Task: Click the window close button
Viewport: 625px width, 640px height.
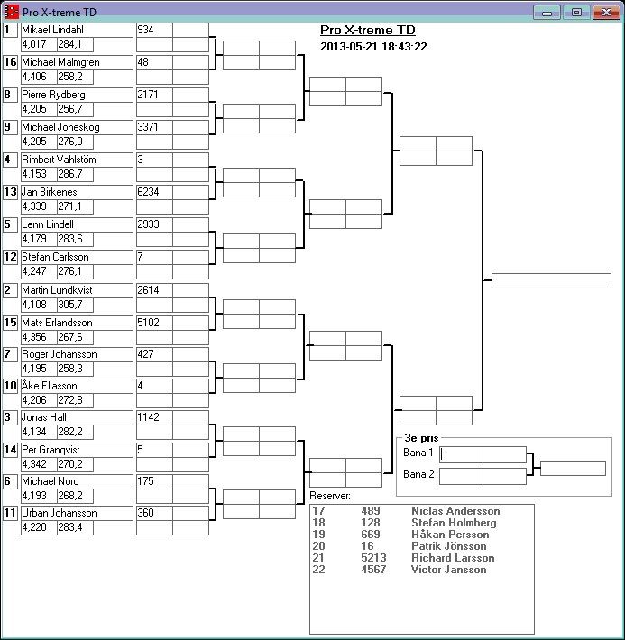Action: click(602, 12)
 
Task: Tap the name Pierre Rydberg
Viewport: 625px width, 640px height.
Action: click(53, 95)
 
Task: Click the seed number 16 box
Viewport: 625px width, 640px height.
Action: click(11, 62)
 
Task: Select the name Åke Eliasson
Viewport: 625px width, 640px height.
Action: click(51, 386)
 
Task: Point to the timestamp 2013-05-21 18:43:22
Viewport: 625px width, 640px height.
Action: click(373, 47)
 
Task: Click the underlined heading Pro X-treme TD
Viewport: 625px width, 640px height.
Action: click(368, 30)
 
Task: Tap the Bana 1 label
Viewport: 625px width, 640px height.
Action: click(418, 453)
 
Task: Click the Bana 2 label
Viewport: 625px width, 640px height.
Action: click(418, 474)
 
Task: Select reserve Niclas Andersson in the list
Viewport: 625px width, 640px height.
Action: click(455, 511)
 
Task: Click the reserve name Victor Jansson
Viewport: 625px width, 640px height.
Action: click(449, 570)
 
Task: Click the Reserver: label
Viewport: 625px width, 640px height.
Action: click(330, 496)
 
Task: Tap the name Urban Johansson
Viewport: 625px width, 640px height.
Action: click(59, 513)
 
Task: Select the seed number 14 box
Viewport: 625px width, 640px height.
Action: click(11, 449)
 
